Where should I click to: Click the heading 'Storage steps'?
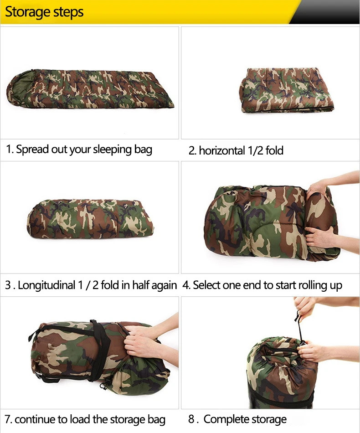click(x=44, y=12)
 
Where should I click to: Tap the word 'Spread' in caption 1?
click(x=32, y=149)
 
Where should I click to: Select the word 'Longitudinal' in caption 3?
click(x=46, y=285)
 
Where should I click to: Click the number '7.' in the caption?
click(x=9, y=419)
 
